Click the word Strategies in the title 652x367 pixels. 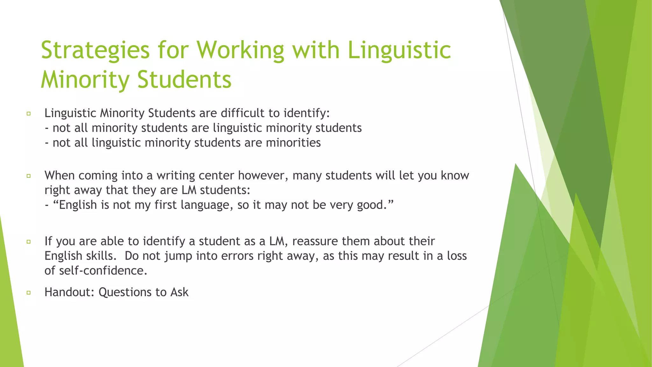(x=95, y=50)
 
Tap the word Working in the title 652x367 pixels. (x=240, y=50)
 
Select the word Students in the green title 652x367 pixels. (x=184, y=80)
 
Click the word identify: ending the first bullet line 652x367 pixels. (x=307, y=113)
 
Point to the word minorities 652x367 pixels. (x=293, y=143)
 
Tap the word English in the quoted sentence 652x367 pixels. (x=78, y=205)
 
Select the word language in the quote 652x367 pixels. (x=207, y=205)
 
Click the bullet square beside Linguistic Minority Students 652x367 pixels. (x=29, y=113)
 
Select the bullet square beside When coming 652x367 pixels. (x=29, y=176)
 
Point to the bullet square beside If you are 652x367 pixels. (x=29, y=241)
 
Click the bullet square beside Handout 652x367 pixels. (x=29, y=292)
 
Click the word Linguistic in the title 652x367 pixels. (x=399, y=50)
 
